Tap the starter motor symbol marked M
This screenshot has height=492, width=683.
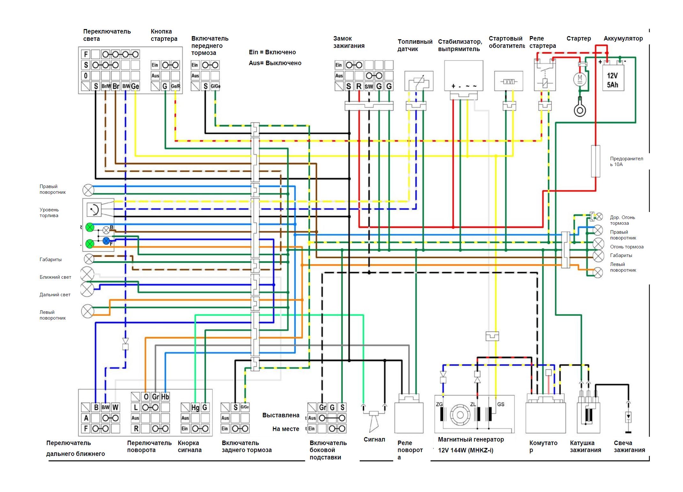click(580, 78)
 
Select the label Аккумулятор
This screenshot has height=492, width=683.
click(623, 39)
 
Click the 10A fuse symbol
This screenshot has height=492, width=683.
click(596, 161)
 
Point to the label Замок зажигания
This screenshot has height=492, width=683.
click(349, 42)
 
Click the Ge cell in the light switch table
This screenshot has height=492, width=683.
click(135, 86)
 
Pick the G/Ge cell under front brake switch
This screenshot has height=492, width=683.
click(215, 86)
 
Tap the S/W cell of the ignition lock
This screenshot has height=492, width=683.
click(369, 86)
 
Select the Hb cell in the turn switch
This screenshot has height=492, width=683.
click(165, 397)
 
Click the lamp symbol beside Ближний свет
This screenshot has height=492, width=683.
click(87, 274)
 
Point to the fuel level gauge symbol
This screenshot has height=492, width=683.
click(94, 209)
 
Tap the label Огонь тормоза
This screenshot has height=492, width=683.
click(627, 247)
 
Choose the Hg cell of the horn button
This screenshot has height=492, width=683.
click(195, 407)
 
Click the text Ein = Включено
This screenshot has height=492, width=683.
click(272, 52)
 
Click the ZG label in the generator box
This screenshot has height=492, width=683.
click(439, 405)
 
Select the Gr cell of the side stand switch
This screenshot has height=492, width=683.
click(322, 407)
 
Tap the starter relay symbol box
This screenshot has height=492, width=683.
click(545, 76)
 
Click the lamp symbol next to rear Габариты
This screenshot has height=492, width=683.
click(598, 255)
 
